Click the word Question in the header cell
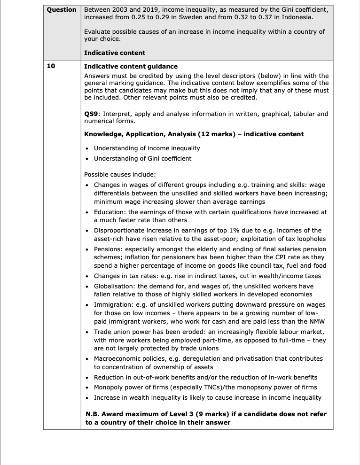tap(62, 10)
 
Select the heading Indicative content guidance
tap(131, 66)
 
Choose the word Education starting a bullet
tap(110, 212)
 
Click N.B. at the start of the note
tap(92, 414)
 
